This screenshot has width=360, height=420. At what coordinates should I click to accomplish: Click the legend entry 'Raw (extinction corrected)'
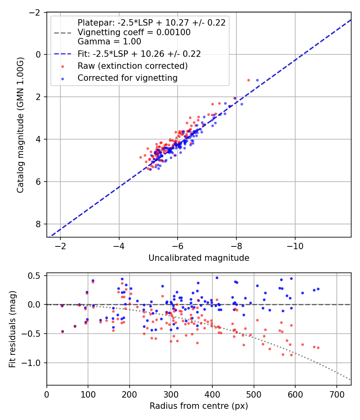pos(132,66)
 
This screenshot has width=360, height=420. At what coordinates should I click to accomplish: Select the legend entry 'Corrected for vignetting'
pos(127,78)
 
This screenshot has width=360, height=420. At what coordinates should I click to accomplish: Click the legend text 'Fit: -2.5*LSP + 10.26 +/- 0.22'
pos(139,54)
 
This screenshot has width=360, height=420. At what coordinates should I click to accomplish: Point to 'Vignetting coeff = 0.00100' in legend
pos(134,32)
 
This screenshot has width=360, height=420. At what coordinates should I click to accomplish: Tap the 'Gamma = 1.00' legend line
pos(109,41)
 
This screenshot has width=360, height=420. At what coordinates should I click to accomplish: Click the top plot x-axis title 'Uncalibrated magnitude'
pos(199,258)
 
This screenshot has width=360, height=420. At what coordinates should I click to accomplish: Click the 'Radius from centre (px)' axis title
pos(199,406)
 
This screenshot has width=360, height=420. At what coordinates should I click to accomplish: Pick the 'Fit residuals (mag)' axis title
pos(12,329)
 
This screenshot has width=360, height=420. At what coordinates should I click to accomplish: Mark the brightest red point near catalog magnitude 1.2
pos(248,80)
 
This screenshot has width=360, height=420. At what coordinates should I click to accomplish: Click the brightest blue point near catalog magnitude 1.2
pos(257,80)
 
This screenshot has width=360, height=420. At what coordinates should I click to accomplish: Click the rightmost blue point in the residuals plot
pos(318,289)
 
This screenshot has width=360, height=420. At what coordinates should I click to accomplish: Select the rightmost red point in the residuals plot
pos(318,348)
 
